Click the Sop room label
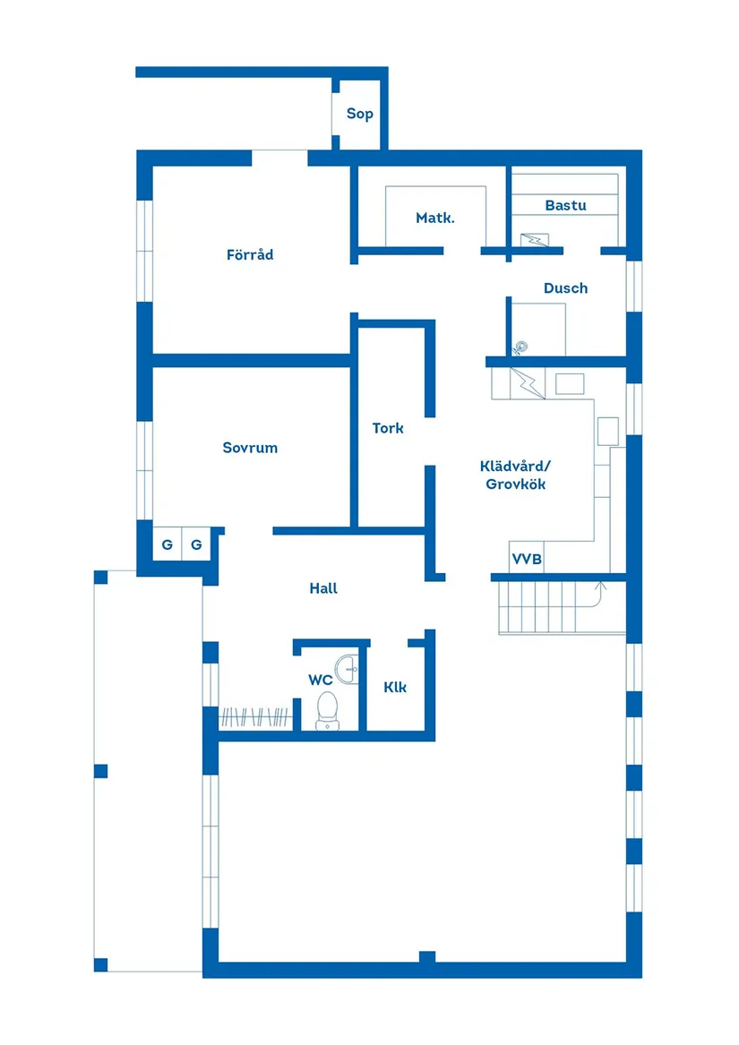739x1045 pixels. [360, 115]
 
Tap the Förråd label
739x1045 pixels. [250, 255]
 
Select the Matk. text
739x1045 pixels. [435, 218]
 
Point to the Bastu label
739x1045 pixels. [565, 206]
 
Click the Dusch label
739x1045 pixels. [565, 288]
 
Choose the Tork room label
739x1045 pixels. [388, 429]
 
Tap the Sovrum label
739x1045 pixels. [250, 448]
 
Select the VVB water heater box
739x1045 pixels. [527, 559]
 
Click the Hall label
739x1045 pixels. [323, 589]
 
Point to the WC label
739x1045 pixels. [321, 681]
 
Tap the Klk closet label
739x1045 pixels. [395, 688]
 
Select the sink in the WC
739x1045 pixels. [347, 666]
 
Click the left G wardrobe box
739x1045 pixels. [167, 544]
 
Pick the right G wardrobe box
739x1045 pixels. [196, 544]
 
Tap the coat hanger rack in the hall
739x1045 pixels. [256, 717]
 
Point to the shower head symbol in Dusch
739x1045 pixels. [519, 346]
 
